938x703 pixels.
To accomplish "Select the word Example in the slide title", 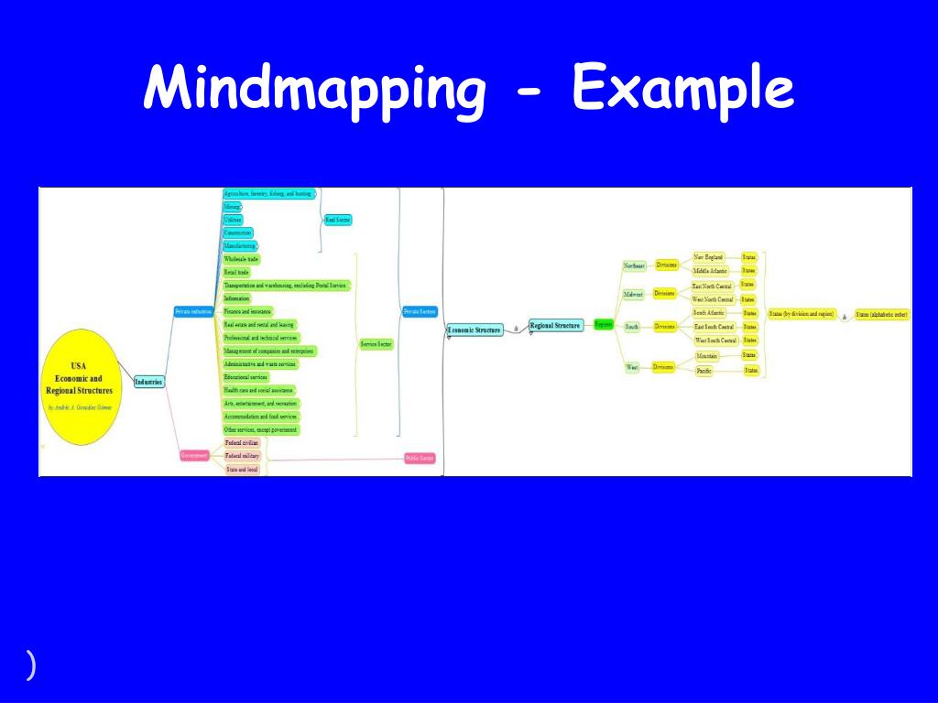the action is point(682,91).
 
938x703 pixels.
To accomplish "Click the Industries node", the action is point(148,381).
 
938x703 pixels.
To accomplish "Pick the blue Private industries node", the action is point(193,312).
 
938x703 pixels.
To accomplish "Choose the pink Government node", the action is point(194,455).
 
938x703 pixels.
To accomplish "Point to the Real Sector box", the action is point(338,220).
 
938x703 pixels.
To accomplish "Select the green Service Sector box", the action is point(376,344).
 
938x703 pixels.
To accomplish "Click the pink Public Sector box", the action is point(420,458).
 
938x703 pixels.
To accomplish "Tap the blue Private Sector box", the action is point(420,311).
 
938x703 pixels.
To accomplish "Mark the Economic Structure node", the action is point(474,329).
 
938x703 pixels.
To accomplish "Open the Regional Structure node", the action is point(555,325).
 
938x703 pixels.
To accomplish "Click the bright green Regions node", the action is point(603,324).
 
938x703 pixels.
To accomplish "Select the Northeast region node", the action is point(634,265).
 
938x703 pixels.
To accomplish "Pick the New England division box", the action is point(709,258).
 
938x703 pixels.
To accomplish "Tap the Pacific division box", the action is point(704,371).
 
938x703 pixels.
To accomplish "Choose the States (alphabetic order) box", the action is point(881,315).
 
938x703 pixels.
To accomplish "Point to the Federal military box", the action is point(243,456).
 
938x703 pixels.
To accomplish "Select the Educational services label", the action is point(245,377).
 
